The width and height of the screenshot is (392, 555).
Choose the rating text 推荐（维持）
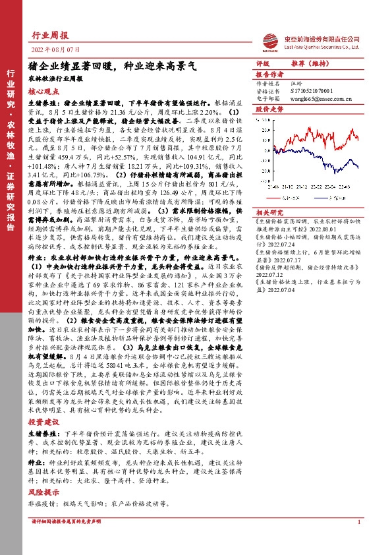[304, 65]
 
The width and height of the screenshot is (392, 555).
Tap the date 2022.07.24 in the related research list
[271, 260]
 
